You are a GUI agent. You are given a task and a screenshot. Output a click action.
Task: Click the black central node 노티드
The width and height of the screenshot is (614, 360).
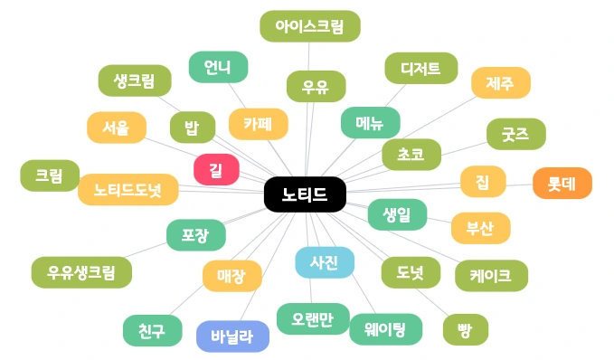[x=305, y=194]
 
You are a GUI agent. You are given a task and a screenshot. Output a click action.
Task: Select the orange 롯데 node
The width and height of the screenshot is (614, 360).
[x=562, y=183]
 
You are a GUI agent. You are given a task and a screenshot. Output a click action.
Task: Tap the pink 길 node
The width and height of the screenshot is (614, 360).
[x=216, y=169]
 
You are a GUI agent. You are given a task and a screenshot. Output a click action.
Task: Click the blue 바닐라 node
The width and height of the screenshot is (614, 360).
[x=232, y=336]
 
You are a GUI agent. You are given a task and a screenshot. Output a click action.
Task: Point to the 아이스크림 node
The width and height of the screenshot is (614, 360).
[x=309, y=26]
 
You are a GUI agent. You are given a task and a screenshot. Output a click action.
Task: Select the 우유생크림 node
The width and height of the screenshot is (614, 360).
[x=80, y=271]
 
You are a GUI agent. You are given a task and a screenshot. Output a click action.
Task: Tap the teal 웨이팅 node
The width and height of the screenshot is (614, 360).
[x=386, y=327]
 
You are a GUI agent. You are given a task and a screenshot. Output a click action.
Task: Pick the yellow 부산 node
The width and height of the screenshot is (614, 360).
[x=480, y=228]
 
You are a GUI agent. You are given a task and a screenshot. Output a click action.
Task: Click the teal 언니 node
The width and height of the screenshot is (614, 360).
[x=218, y=67]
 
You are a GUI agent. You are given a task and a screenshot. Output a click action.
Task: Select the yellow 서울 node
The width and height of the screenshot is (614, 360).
[x=116, y=128]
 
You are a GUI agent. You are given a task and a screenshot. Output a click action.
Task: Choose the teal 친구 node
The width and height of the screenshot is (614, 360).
[x=152, y=330]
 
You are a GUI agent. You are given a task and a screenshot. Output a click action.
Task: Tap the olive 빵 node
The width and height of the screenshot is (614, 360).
[x=465, y=330]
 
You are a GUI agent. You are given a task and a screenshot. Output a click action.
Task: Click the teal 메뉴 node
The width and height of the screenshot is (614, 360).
[x=370, y=122]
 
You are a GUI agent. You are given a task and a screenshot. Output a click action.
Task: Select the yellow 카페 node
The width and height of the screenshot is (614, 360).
[x=258, y=123]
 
